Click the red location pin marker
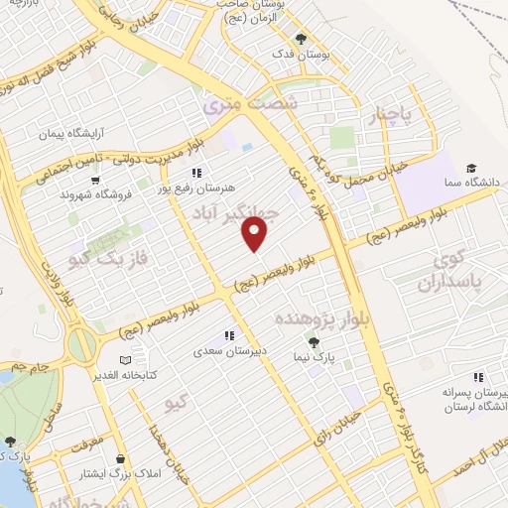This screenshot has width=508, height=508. [x=256, y=234]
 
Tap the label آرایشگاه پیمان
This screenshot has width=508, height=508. [x=71, y=132]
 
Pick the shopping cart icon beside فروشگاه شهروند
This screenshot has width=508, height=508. [x=96, y=181]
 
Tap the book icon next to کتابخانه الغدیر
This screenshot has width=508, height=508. [x=125, y=360]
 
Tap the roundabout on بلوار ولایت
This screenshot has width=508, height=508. [x=82, y=346]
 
